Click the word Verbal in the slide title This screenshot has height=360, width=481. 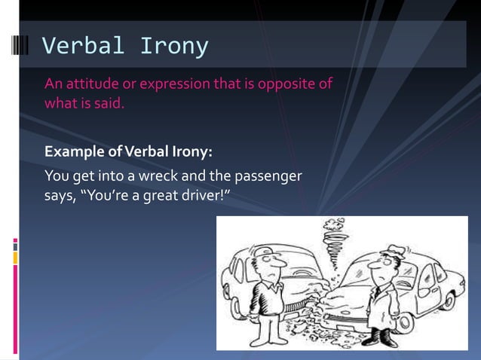tap(83, 46)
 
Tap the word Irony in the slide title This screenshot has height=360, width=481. tap(173, 46)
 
